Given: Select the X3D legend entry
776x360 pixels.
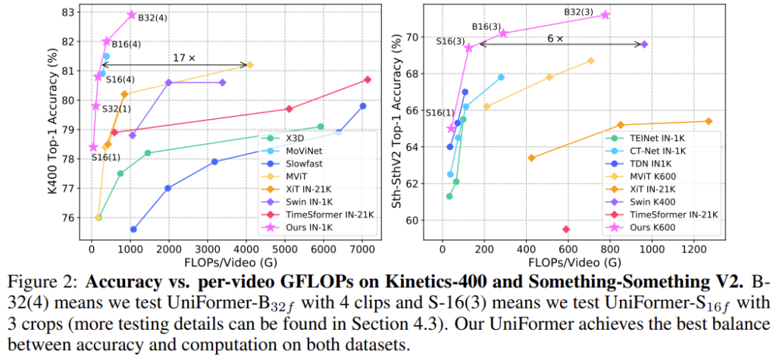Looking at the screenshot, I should click(x=300, y=138).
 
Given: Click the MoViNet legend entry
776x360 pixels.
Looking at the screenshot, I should click(x=308, y=152).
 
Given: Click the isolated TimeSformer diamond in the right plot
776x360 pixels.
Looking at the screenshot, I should click(x=566, y=229).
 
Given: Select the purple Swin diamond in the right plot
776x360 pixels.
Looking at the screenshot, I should click(x=644, y=45).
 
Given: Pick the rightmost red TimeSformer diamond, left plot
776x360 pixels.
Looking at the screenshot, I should click(x=368, y=80).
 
